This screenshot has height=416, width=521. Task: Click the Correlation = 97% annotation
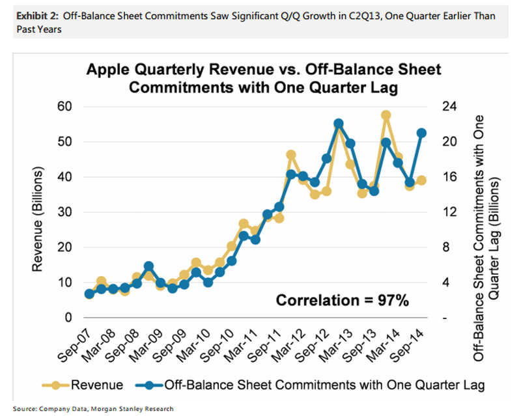[342, 300]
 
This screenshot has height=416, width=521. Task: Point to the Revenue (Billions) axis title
[40, 212]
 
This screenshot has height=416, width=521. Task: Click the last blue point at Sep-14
[421, 133]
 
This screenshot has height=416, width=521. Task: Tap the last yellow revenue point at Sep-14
[421, 180]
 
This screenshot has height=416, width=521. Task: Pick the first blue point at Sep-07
[89, 294]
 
